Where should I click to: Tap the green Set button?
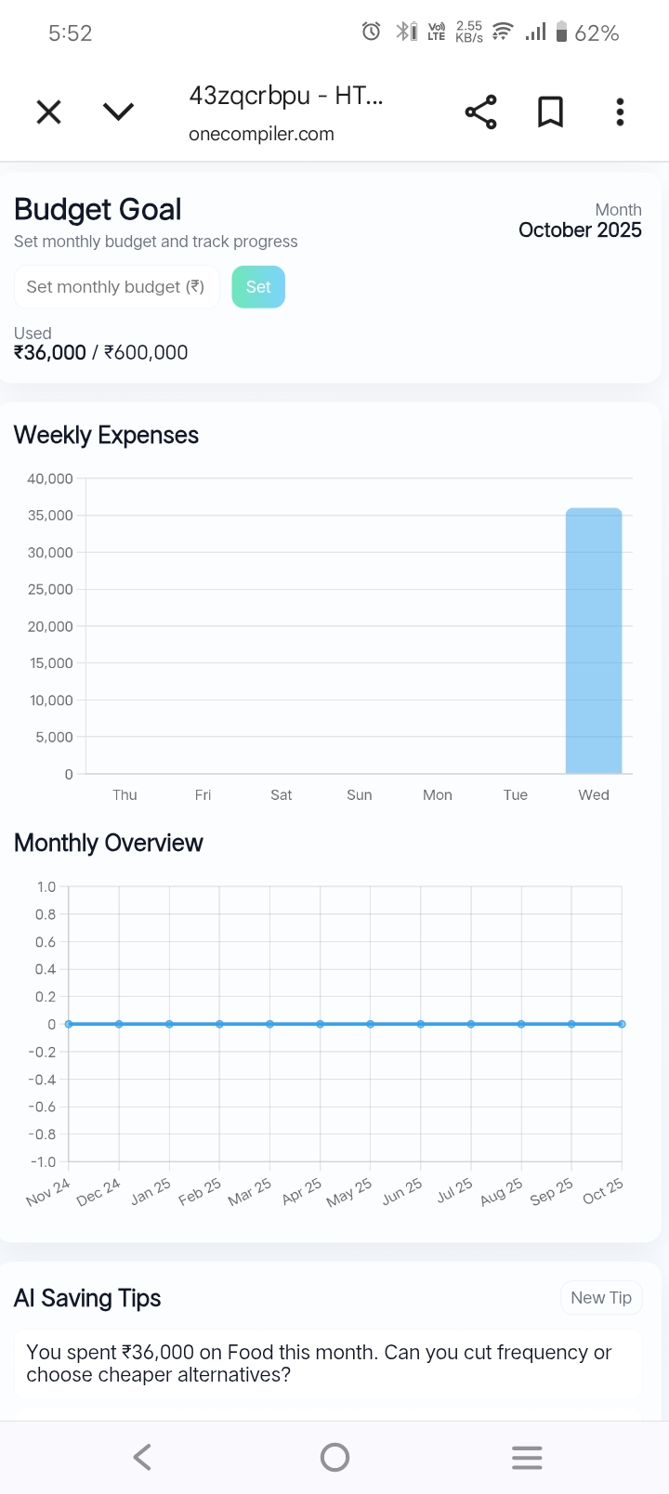coord(258,287)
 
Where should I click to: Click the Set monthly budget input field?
coord(116,287)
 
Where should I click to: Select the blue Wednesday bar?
coord(594,640)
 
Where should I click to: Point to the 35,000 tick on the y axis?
coord(50,516)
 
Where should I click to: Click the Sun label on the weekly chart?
coord(360,795)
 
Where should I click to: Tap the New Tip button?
coord(601,1298)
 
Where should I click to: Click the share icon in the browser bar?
coord(480,112)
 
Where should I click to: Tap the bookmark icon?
coord(550,112)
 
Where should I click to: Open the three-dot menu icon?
coord(620,112)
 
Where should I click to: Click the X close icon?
coord(48,112)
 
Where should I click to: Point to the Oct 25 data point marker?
coord(622,1024)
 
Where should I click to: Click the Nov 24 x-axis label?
coord(48,1192)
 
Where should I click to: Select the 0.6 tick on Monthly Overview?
coord(46,942)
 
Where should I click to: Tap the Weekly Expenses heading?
coord(106,435)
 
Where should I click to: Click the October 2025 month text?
coord(580,230)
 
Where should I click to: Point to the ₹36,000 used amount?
coord(50,353)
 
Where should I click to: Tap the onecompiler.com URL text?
coord(261,134)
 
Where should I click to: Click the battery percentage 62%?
coord(597,33)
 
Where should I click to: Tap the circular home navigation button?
coord(334,1457)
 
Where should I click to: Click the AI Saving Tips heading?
coord(87,1298)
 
